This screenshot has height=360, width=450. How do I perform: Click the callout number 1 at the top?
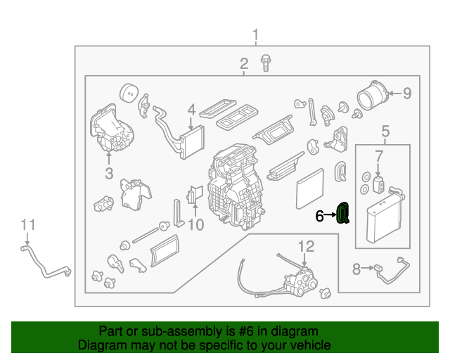256,34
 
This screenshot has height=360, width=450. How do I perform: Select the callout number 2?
244,65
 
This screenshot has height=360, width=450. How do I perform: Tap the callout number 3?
109,172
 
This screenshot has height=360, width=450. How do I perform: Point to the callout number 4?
191,110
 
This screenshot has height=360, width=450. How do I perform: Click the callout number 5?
385,130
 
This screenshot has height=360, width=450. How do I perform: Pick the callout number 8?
356,268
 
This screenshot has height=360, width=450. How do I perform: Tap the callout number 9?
407,92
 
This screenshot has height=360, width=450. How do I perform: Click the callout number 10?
195,225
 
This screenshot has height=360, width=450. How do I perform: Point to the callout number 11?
27,224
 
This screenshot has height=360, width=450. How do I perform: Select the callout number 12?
307,246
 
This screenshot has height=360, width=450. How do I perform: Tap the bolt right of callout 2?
266,63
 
